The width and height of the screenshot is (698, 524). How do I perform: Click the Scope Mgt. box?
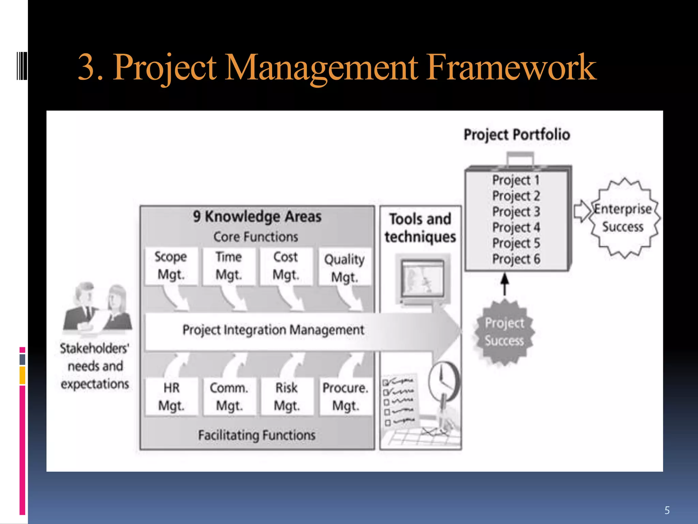[171, 266]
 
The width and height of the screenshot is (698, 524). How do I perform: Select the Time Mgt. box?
[229, 266]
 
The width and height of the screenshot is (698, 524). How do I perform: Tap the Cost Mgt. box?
[286, 266]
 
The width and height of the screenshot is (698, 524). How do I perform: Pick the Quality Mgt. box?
[345, 268]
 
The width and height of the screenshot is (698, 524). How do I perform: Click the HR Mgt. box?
[171, 397]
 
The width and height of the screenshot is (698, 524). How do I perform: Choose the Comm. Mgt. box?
[229, 397]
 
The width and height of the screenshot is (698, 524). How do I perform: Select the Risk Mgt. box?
[287, 397]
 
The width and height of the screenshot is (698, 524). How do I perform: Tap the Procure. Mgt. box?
[346, 397]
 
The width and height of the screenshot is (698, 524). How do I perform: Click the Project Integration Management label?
[273, 330]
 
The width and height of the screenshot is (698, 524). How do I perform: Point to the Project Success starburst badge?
[504, 332]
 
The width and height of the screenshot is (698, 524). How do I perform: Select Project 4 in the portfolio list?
[516, 227]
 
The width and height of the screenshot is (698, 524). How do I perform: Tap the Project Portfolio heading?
[517, 134]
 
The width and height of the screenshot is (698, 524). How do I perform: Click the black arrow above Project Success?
[505, 284]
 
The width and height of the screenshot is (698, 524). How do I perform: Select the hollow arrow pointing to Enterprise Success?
[582, 211]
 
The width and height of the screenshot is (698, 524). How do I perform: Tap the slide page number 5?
[667, 510]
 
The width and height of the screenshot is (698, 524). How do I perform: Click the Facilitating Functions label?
[257, 435]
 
